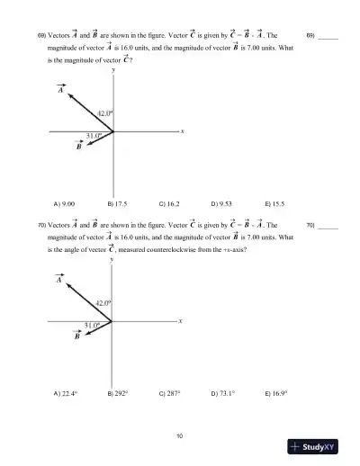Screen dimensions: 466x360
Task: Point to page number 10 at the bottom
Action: [x=180, y=436]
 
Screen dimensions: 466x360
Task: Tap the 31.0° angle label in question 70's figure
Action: [x=91, y=325]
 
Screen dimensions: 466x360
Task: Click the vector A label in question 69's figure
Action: [x=60, y=90]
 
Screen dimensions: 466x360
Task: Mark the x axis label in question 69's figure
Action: [x=182, y=131]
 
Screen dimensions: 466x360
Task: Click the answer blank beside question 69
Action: [x=328, y=37]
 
